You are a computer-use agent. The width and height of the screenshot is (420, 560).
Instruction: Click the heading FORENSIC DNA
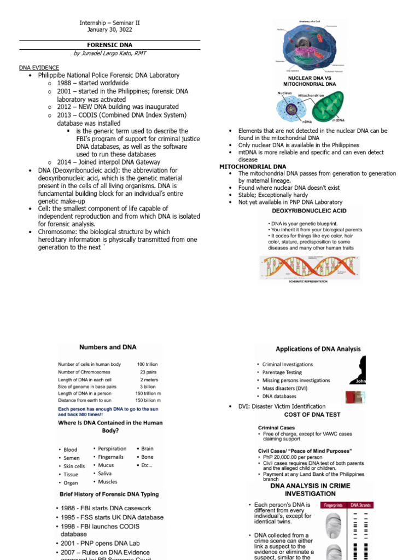click(109, 45)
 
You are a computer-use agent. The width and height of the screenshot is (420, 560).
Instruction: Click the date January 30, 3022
click(110, 30)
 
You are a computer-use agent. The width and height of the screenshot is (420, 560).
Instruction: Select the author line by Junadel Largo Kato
click(110, 54)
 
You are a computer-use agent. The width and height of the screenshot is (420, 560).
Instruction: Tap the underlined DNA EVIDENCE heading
click(39, 67)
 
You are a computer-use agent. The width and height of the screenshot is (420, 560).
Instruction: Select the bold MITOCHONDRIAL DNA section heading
click(253, 166)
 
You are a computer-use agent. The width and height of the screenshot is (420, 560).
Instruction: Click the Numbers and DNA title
click(108, 347)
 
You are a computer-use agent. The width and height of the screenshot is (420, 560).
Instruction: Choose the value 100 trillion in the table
click(148, 364)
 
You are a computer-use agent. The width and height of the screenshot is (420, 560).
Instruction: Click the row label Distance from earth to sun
click(89, 400)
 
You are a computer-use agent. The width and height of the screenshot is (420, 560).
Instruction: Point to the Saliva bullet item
click(104, 474)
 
